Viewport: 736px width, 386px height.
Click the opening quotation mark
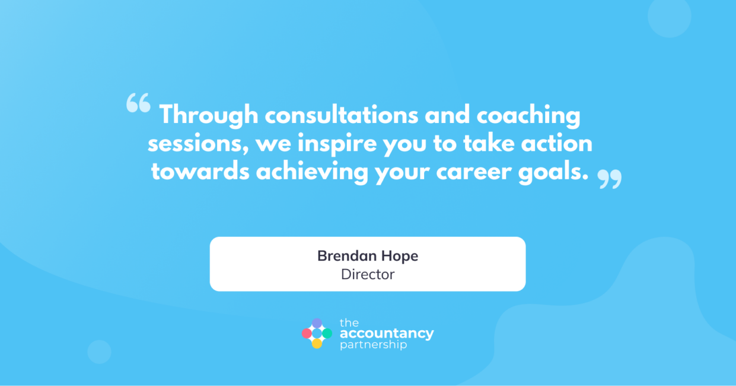(x=138, y=103)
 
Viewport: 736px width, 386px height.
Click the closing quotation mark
(x=610, y=179)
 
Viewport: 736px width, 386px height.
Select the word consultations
(x=342, y=115)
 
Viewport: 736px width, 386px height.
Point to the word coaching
(x=528, y=116)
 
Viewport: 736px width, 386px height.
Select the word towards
(x=200, y=172)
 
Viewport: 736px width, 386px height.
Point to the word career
(x=473, y=173)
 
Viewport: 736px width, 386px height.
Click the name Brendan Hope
(x=368, y=257)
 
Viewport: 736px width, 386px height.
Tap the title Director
(x=368, y=274)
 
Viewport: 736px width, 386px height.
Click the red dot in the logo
(x=307, y=333)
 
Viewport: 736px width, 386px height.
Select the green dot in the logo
(x=327, y=333)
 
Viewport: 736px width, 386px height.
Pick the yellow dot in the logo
(x=317, y=344)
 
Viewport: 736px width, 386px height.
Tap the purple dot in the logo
(x=317, y=323)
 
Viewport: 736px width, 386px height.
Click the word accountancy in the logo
(x=387, y=334)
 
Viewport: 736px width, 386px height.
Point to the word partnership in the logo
(x=373, y=345)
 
